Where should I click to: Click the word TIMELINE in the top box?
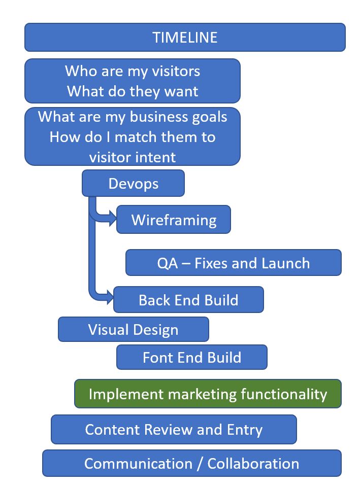185,37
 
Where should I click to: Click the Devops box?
133,183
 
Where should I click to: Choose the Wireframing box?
174,220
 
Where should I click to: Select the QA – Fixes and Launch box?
233,263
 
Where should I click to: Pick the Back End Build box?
188,299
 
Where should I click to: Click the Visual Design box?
133,329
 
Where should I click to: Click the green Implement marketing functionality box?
208,394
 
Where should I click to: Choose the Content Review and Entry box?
174,430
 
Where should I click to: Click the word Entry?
245,430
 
